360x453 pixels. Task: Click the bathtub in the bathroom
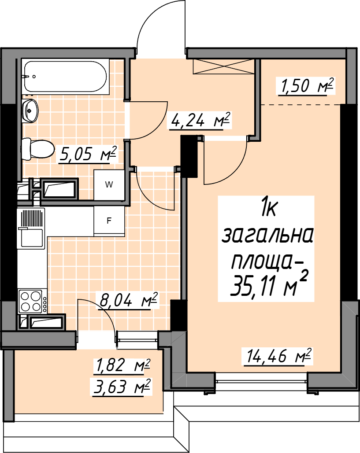click(x=65, y=77)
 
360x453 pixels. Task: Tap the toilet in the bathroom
click(x=37, y=149)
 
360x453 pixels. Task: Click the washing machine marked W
click(x=109, y=184)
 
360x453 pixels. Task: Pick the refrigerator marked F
click(x=109, y=221)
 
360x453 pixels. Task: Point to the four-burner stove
click(x=32, y=301)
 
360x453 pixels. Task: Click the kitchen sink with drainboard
click(x=31, y=228)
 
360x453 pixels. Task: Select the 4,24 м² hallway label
click(x=200, y=120)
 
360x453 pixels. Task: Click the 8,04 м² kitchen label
click(x=128, y=300)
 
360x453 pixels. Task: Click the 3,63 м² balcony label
click(x=122, y=387)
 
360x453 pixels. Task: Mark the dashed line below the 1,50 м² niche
click(x=301, y=104)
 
